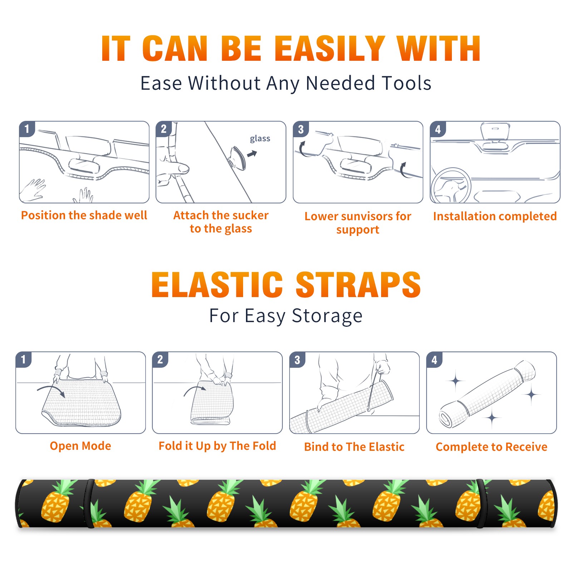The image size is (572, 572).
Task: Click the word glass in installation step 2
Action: point(260,139)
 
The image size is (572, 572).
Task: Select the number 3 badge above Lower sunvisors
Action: point(301,129)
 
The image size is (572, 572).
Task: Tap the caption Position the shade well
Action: point(84,215)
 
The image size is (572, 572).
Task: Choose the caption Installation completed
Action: point(495,216)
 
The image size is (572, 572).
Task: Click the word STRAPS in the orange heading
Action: point(358,285)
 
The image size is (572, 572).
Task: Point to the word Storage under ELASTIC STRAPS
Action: point(327,316)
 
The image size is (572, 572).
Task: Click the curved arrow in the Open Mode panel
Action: point(51,390)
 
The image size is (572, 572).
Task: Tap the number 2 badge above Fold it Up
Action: point(160,359)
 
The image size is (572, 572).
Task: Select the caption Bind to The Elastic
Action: point(354,447)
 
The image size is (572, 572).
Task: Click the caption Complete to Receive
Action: point(491,447)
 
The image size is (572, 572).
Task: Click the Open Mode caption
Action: point(80,446)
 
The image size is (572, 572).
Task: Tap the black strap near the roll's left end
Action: point(89,504)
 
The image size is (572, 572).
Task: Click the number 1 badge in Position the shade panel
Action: point(27,129)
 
